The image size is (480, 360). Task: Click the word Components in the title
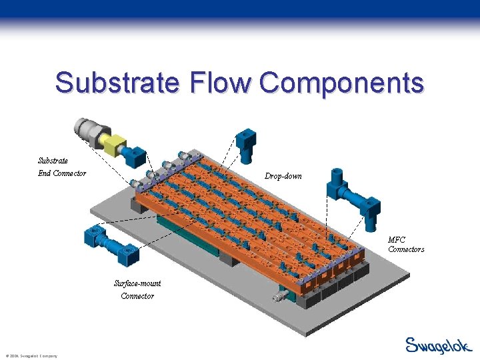pos(342,83)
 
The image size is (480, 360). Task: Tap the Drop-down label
pos(283,177)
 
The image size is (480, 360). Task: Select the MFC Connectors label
pos(405,244)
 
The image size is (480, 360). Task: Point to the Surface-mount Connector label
pos(137,289)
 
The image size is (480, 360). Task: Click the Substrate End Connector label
pos(61,167)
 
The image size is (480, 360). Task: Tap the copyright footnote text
pos(31,356)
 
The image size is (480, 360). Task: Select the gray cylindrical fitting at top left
pos(88,129)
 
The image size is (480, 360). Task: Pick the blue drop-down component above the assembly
pos(246,145)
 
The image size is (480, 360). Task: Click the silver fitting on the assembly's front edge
pos(276,294)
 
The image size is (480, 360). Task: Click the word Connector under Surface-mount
pos(137,296)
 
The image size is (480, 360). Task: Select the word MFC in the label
pos(397,239)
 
